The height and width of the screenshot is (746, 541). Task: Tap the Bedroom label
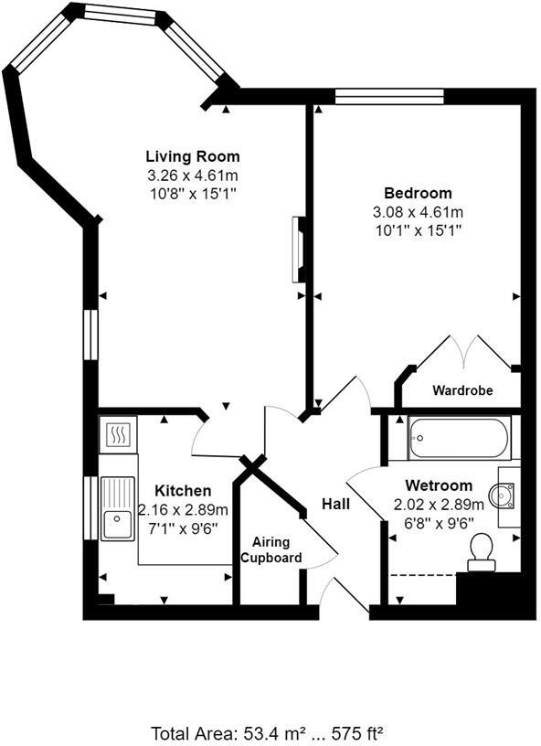(418, 193)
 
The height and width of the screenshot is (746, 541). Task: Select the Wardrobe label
(462, 390)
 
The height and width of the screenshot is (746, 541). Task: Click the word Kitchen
(183, 491)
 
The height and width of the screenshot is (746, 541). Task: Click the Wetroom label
(440, 485)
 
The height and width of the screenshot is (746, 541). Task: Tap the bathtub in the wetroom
(459, 438)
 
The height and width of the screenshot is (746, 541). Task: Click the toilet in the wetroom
(480, 551)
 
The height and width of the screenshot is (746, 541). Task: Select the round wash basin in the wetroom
(502, 495)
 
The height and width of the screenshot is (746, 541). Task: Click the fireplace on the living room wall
(297, 250)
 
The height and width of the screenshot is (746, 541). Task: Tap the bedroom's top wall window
(389, 95)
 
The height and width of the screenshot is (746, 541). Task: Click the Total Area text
(268, 731)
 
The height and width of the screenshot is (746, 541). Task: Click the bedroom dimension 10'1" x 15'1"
(418, 230)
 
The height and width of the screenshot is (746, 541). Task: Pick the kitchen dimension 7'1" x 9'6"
(183, 528)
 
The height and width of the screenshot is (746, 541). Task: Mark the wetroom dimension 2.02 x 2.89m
(440, 504)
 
